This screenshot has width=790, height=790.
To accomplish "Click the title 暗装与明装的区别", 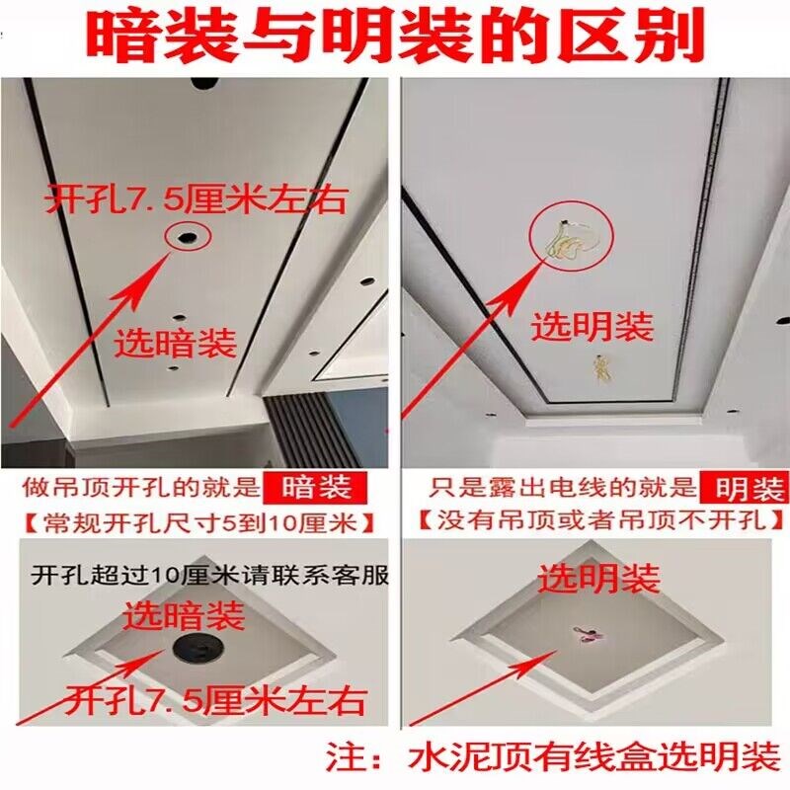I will coord(395,38).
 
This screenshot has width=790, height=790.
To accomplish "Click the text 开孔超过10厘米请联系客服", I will coord(209,574).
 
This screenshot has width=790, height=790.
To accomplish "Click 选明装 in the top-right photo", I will coord(592,326).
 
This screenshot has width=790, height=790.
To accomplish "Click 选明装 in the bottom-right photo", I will coord(597,578).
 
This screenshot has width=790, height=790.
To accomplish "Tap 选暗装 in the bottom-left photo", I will coord(184,617).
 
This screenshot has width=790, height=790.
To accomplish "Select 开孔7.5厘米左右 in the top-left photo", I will coord(196,200).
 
